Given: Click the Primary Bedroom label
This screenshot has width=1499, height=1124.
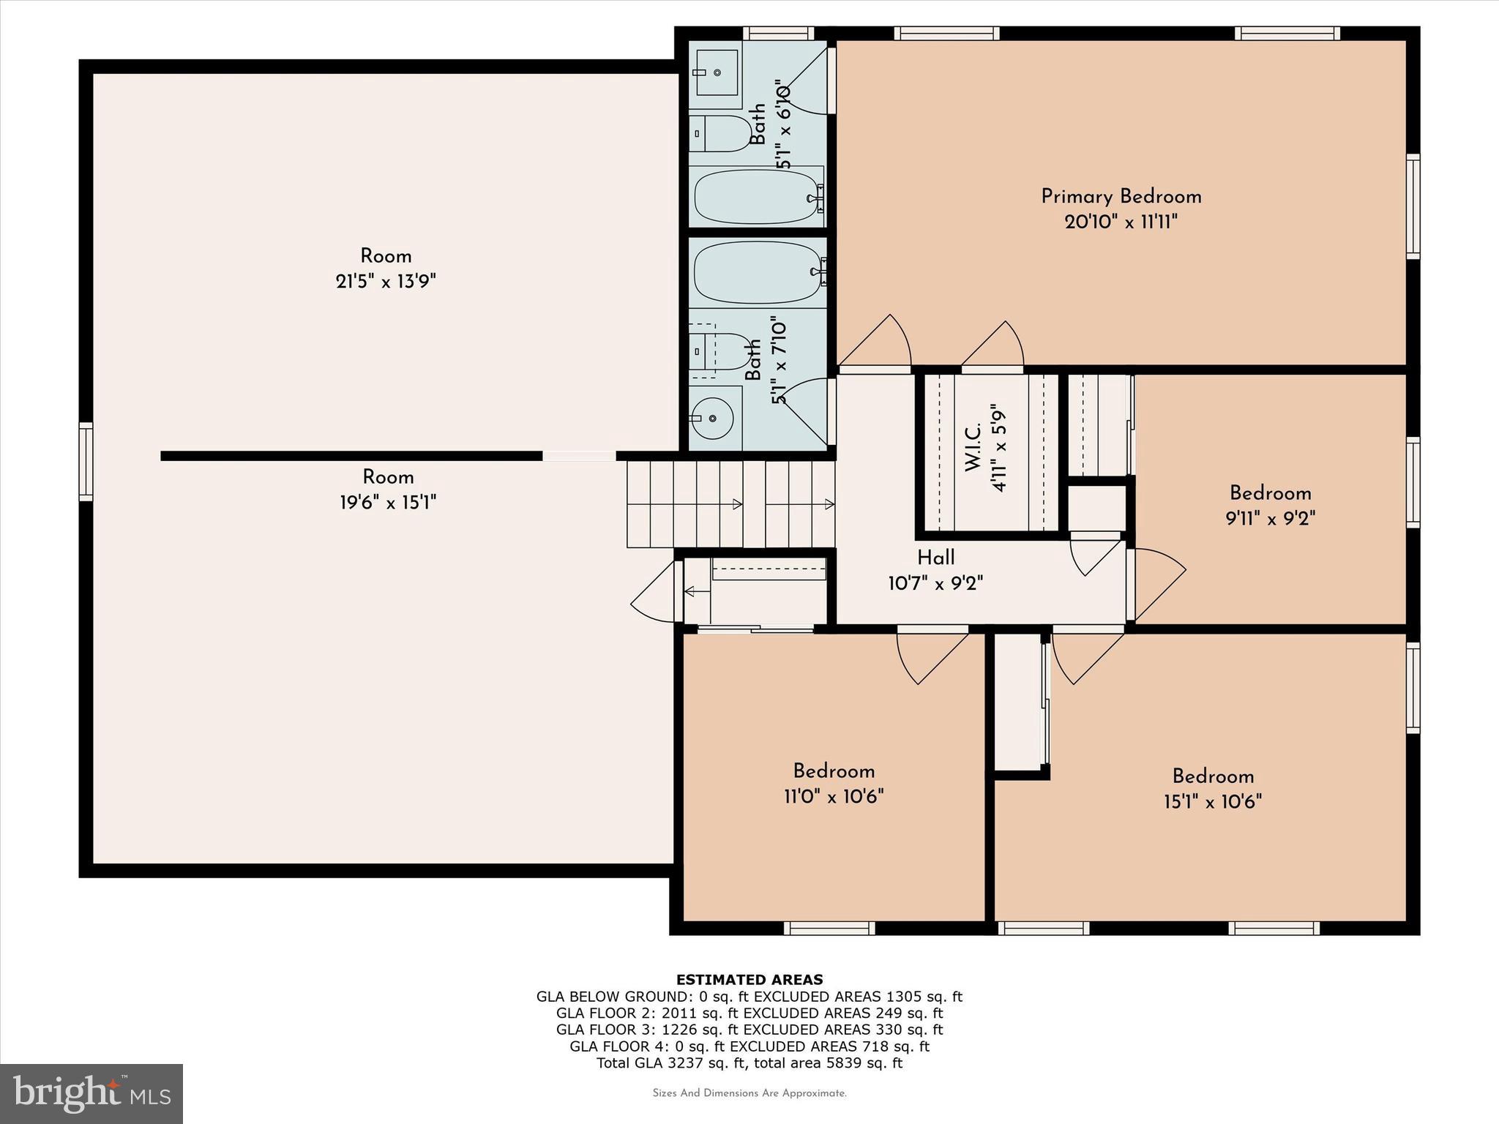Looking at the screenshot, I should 1121,196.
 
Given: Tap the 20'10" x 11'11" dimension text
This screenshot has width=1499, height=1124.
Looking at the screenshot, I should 1121,222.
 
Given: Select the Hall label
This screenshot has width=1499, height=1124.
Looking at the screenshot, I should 935,558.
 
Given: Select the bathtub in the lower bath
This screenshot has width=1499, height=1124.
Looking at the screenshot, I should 758,271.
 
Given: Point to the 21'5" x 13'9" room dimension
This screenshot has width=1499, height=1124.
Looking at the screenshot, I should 386,282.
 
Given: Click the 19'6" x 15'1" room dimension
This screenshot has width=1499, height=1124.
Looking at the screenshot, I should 388,503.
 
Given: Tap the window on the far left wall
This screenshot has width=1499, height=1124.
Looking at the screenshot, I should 86,461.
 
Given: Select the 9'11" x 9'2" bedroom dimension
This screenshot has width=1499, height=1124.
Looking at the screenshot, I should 1270,519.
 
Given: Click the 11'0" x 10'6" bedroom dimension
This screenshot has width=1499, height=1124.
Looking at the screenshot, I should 834,796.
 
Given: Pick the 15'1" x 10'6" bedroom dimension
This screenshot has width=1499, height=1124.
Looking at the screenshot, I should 1213,802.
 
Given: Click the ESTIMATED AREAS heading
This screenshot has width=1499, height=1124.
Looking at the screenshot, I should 749,980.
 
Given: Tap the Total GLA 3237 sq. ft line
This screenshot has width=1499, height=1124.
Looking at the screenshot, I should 749,1063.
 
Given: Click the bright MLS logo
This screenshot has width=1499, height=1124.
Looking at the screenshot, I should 91,1093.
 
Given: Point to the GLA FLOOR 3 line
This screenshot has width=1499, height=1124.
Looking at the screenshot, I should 749,1030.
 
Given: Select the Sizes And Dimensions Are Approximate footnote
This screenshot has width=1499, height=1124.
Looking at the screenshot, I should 749,1093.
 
